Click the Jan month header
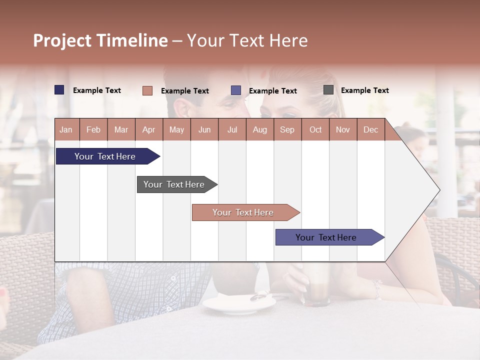tap(66, 129)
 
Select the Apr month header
tap(148, 129)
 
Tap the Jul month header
tap(232, 129)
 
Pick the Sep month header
tap(287, 129)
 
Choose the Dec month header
tap(370, 129)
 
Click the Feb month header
tap(93, 129)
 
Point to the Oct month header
tap(315, 129)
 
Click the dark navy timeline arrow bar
tap(105, 156)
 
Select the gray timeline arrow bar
tap(174, 184)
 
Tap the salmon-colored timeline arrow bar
tap(243, 212)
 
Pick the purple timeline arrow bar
tap(326, 237)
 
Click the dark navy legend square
tap(59, 90)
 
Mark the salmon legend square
tap(147, 90)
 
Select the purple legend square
tap(236, 90)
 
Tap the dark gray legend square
tap(328, 90)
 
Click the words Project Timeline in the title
tap(100, 40)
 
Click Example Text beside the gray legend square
tap(364, 90)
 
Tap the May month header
tap(176, 129)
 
